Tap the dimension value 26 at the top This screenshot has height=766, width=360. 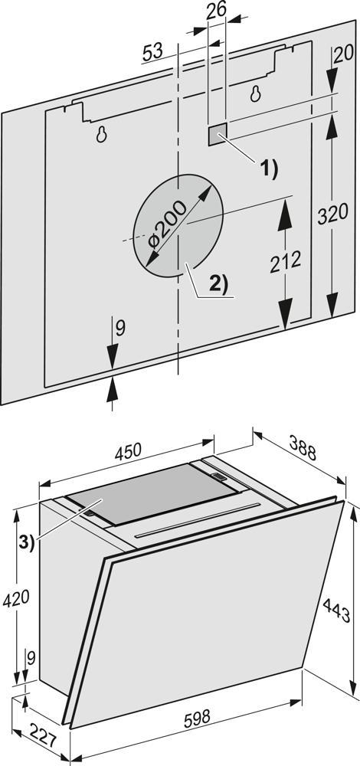point(216,11)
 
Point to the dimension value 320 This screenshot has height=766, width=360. point(332,214)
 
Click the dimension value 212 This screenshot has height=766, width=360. point(286,263)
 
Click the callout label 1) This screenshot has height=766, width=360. point(268,169)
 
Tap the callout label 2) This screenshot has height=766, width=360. point(219,284)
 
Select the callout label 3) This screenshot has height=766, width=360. point(28,544)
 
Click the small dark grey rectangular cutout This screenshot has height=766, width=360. point(218,133)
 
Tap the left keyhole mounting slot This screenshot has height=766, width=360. point(101,134)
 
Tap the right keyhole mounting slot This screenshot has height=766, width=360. point(255,93)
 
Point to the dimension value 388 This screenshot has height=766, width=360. point(303,447)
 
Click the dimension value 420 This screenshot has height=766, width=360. point(16,599)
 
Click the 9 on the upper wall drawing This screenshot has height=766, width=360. point(119,328)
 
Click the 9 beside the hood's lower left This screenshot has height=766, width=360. point(31,660)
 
